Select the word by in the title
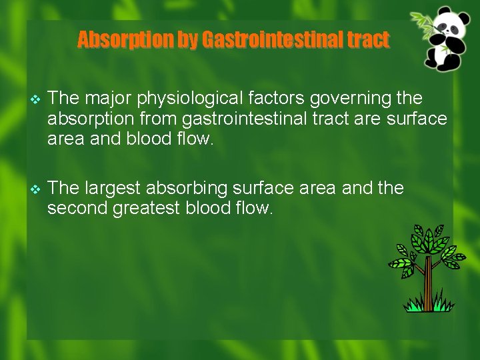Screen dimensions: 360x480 [x=187, y=41]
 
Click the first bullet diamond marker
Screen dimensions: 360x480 [x=36, y=99]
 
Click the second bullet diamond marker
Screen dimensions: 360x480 [x=36, y=189]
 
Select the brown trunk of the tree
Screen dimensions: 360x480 [x=428, y=283]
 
